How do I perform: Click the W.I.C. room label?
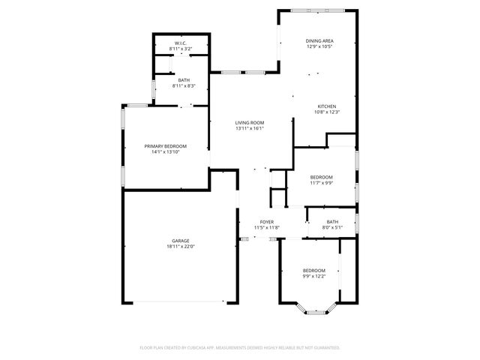181,43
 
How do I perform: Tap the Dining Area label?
319,40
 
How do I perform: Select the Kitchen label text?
326,106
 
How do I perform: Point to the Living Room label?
250,122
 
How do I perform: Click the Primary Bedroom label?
165,145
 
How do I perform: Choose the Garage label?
180,241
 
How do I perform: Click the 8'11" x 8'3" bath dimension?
183,86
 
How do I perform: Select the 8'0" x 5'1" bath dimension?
332,227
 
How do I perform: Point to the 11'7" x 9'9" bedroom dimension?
322,182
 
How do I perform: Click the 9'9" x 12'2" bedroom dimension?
313,276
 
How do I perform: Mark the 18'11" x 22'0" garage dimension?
180,247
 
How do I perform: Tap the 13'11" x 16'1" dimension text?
250,128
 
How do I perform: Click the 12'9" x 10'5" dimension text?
319,46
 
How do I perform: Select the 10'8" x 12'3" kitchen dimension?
326,112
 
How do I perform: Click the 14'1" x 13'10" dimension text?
165,151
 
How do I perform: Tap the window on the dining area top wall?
312,10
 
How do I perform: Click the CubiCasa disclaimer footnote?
240,347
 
